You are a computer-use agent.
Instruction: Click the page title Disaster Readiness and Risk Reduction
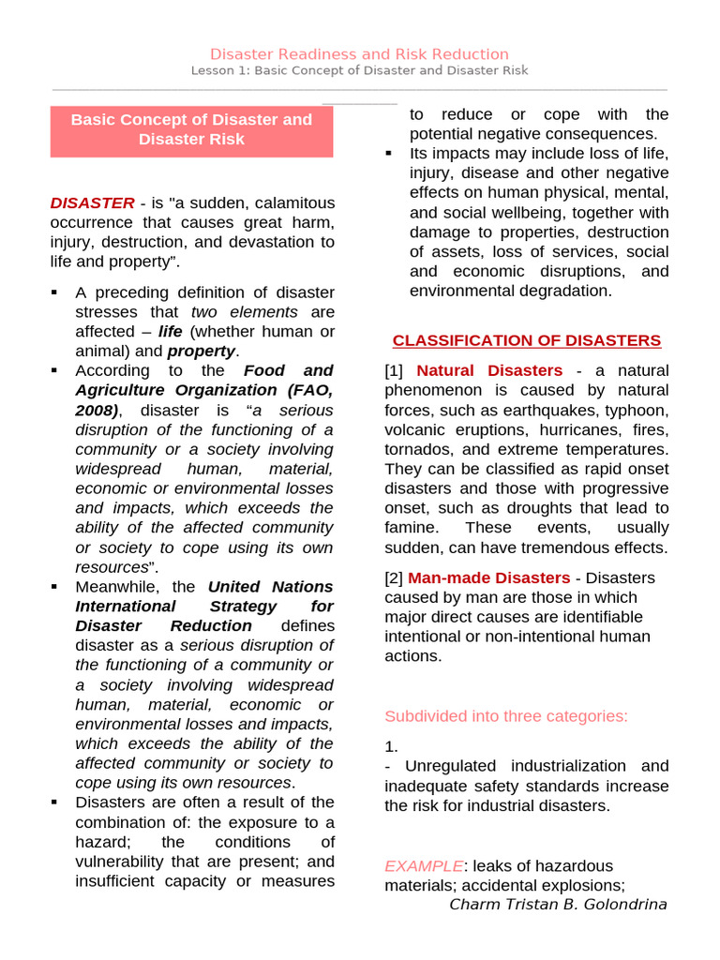point(359,54)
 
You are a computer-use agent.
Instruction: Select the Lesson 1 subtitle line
point(359,71)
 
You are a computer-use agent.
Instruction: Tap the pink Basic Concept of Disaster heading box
point(191,129)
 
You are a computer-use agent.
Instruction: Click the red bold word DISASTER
point(92,202)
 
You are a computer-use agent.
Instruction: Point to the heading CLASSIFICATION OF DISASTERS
point(526,340)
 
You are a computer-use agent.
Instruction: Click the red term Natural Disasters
point(489,370)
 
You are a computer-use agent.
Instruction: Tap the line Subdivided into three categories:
point(505,716)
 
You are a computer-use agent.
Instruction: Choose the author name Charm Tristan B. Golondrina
point(558,905)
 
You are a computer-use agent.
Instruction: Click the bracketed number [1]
point(396,370)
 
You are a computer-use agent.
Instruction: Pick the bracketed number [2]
point(396,577)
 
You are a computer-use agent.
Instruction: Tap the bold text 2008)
point(97,410)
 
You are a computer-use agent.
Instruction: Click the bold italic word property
point(202,351)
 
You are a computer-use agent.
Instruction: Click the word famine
point(410,528)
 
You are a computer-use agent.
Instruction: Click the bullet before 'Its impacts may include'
point(388,153)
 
